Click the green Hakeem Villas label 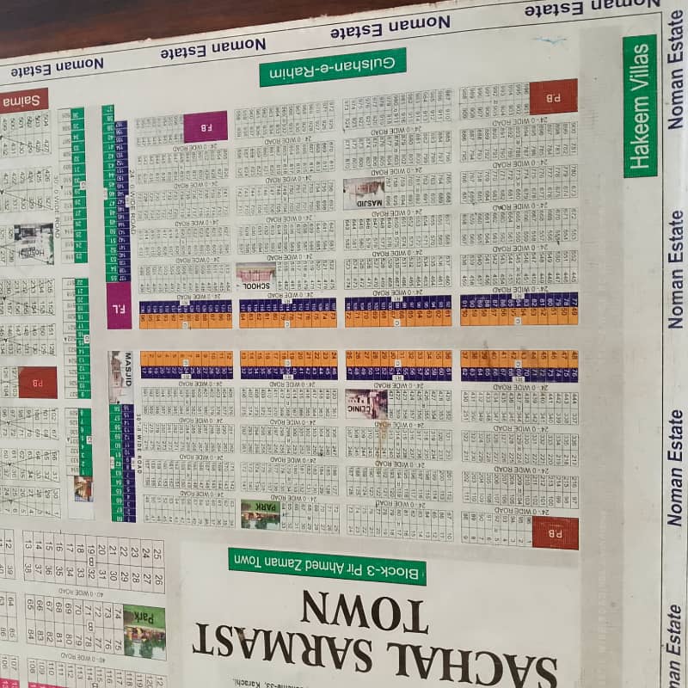[x=640, y=106]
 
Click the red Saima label [x=23, y=101]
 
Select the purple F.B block [x=206, y=126]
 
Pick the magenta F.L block [x=119, y=305]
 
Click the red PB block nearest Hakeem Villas [x=553, y=97]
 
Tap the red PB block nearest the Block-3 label [x=555, y=532]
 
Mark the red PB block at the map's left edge [x=38, y=382]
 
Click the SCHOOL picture [x=255, y=275]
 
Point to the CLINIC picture [x=366, y=403]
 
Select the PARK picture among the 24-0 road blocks [x=260, y=513]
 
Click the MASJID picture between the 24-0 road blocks [x=364, y=193]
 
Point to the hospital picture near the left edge [x=34, y=243]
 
